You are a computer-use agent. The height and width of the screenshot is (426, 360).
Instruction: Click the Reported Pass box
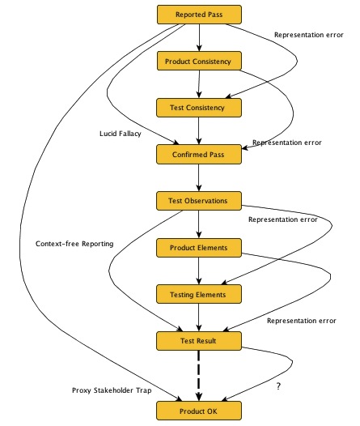[x=198, y=15]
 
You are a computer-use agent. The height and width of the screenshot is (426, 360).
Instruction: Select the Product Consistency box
[x=198, y=61]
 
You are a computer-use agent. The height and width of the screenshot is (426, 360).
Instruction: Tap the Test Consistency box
[x=198, y=106]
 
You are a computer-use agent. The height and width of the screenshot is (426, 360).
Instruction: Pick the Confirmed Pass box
[x=198, y=153]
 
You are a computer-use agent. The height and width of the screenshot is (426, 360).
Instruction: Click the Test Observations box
[x=198, y=200]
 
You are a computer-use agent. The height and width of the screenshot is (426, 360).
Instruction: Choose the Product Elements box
[x=198, y=247]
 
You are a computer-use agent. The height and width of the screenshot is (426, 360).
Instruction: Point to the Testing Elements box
[x=198, y=294]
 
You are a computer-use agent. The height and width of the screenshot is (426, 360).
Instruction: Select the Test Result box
[x=198, y=342]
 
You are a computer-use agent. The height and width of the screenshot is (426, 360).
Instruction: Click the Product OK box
[x=198, y=411]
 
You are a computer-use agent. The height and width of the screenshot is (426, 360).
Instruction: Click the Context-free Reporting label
[x=74, y=243]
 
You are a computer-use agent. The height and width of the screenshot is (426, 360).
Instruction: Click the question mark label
[x=278, y=388]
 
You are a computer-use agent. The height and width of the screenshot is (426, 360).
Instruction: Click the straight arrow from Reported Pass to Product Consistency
[x=198, y=38]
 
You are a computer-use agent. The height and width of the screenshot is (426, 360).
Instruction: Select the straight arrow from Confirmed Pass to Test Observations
[x=198, y=177]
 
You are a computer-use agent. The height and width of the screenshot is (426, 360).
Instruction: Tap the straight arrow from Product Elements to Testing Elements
[x=198, y=271]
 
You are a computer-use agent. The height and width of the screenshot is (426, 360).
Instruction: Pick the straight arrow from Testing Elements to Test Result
[x=198, y=317]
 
